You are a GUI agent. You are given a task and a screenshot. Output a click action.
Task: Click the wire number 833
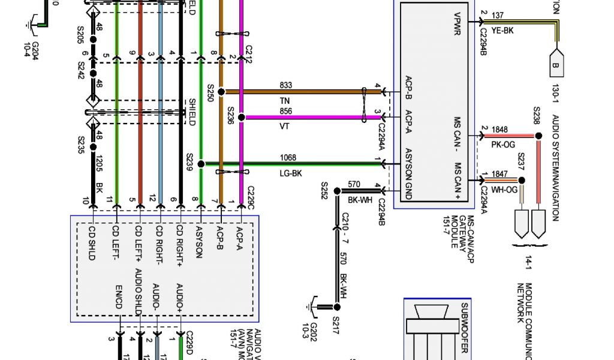(285, 86)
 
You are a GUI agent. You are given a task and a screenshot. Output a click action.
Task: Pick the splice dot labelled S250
(221, 92)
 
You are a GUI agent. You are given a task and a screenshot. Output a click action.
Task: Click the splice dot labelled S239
(201, 164)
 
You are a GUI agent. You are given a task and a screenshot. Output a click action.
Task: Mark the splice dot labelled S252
(336, 191)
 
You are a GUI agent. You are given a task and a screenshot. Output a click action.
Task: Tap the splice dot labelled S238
(537, 136)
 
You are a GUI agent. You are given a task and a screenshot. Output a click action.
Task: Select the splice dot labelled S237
(521, 180)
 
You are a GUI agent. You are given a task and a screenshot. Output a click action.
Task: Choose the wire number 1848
(499, 129)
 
